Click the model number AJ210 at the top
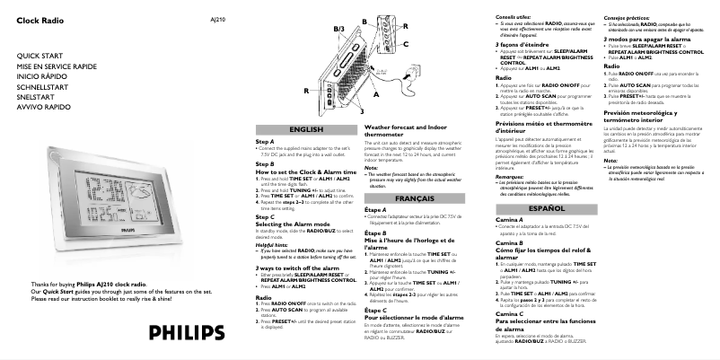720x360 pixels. click(x=217, y=18)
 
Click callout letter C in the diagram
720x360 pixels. click(x=405, y=44)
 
